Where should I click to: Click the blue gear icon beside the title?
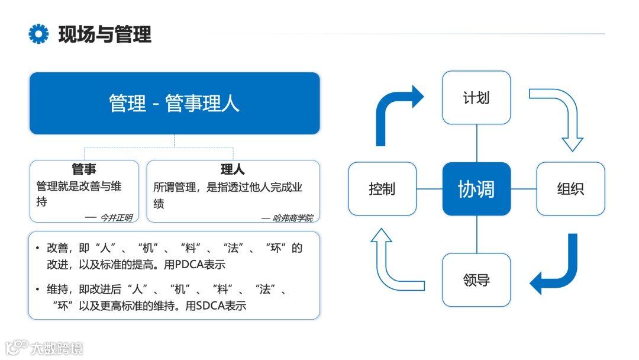click(x=38, y=34)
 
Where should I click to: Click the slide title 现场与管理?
click(x=105, y=34)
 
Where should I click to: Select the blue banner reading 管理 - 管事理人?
click(x=175, y=103)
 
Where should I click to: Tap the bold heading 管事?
click(x=84, y=170)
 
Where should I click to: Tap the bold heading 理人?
click(x=233, y=170)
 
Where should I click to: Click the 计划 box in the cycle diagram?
click(x=476, y=98)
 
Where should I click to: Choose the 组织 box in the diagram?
click(x=570, y=189)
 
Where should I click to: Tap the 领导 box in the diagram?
click(x=476, y=280)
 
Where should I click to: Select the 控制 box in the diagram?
click(x=382, y=189)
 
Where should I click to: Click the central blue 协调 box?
click(x=476, y=189)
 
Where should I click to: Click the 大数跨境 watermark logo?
click(x=44, y=348)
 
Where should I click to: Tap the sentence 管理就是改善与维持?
click(x=79, y=187)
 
